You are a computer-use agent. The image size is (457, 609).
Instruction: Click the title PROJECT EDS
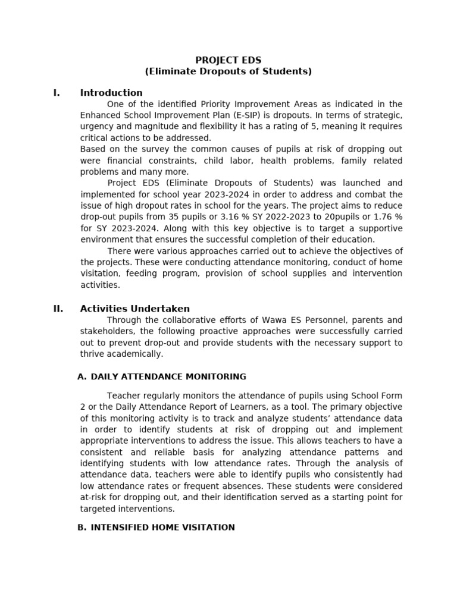tap(228, 60)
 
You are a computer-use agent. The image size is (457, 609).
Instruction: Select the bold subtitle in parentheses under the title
tap(228, 71)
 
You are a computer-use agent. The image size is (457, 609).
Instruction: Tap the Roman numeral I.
tap(57, 93)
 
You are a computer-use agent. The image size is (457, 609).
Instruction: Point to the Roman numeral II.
tap(58, 309)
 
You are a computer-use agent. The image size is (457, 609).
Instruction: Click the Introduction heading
tap(111, 93)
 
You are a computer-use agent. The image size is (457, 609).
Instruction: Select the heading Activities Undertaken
tap(135, 309)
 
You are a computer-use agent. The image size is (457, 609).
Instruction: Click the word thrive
tap(92, 354)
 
